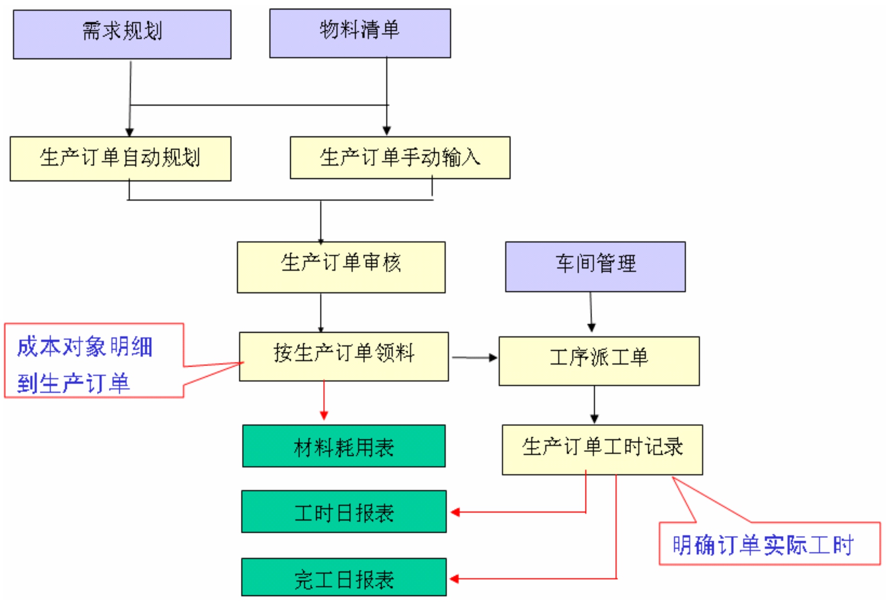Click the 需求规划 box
click(x=122, y=34)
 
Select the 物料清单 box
click(x=360, y=33)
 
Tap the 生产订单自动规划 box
click(x=121, y=158)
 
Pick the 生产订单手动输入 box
click(x=400, y=157)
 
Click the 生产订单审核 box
click(x=341, y=267)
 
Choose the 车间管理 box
click(x=595, y=266)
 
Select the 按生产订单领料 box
click(x=344, y=356)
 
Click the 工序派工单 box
click(x=599, y=361)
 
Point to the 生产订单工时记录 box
click(x=602, y=449)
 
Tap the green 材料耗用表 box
click(x=344, y=446)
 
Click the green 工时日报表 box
click(x=344, y=511)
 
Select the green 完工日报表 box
click(x=344, y=577)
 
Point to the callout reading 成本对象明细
click(x=85, y=347)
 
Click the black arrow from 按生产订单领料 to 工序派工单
click(x=474, y=358)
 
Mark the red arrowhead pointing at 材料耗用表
click(x=324, y=415)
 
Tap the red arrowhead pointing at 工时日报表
click(x=456, y=512)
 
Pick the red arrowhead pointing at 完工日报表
click(x=455, y=579)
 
